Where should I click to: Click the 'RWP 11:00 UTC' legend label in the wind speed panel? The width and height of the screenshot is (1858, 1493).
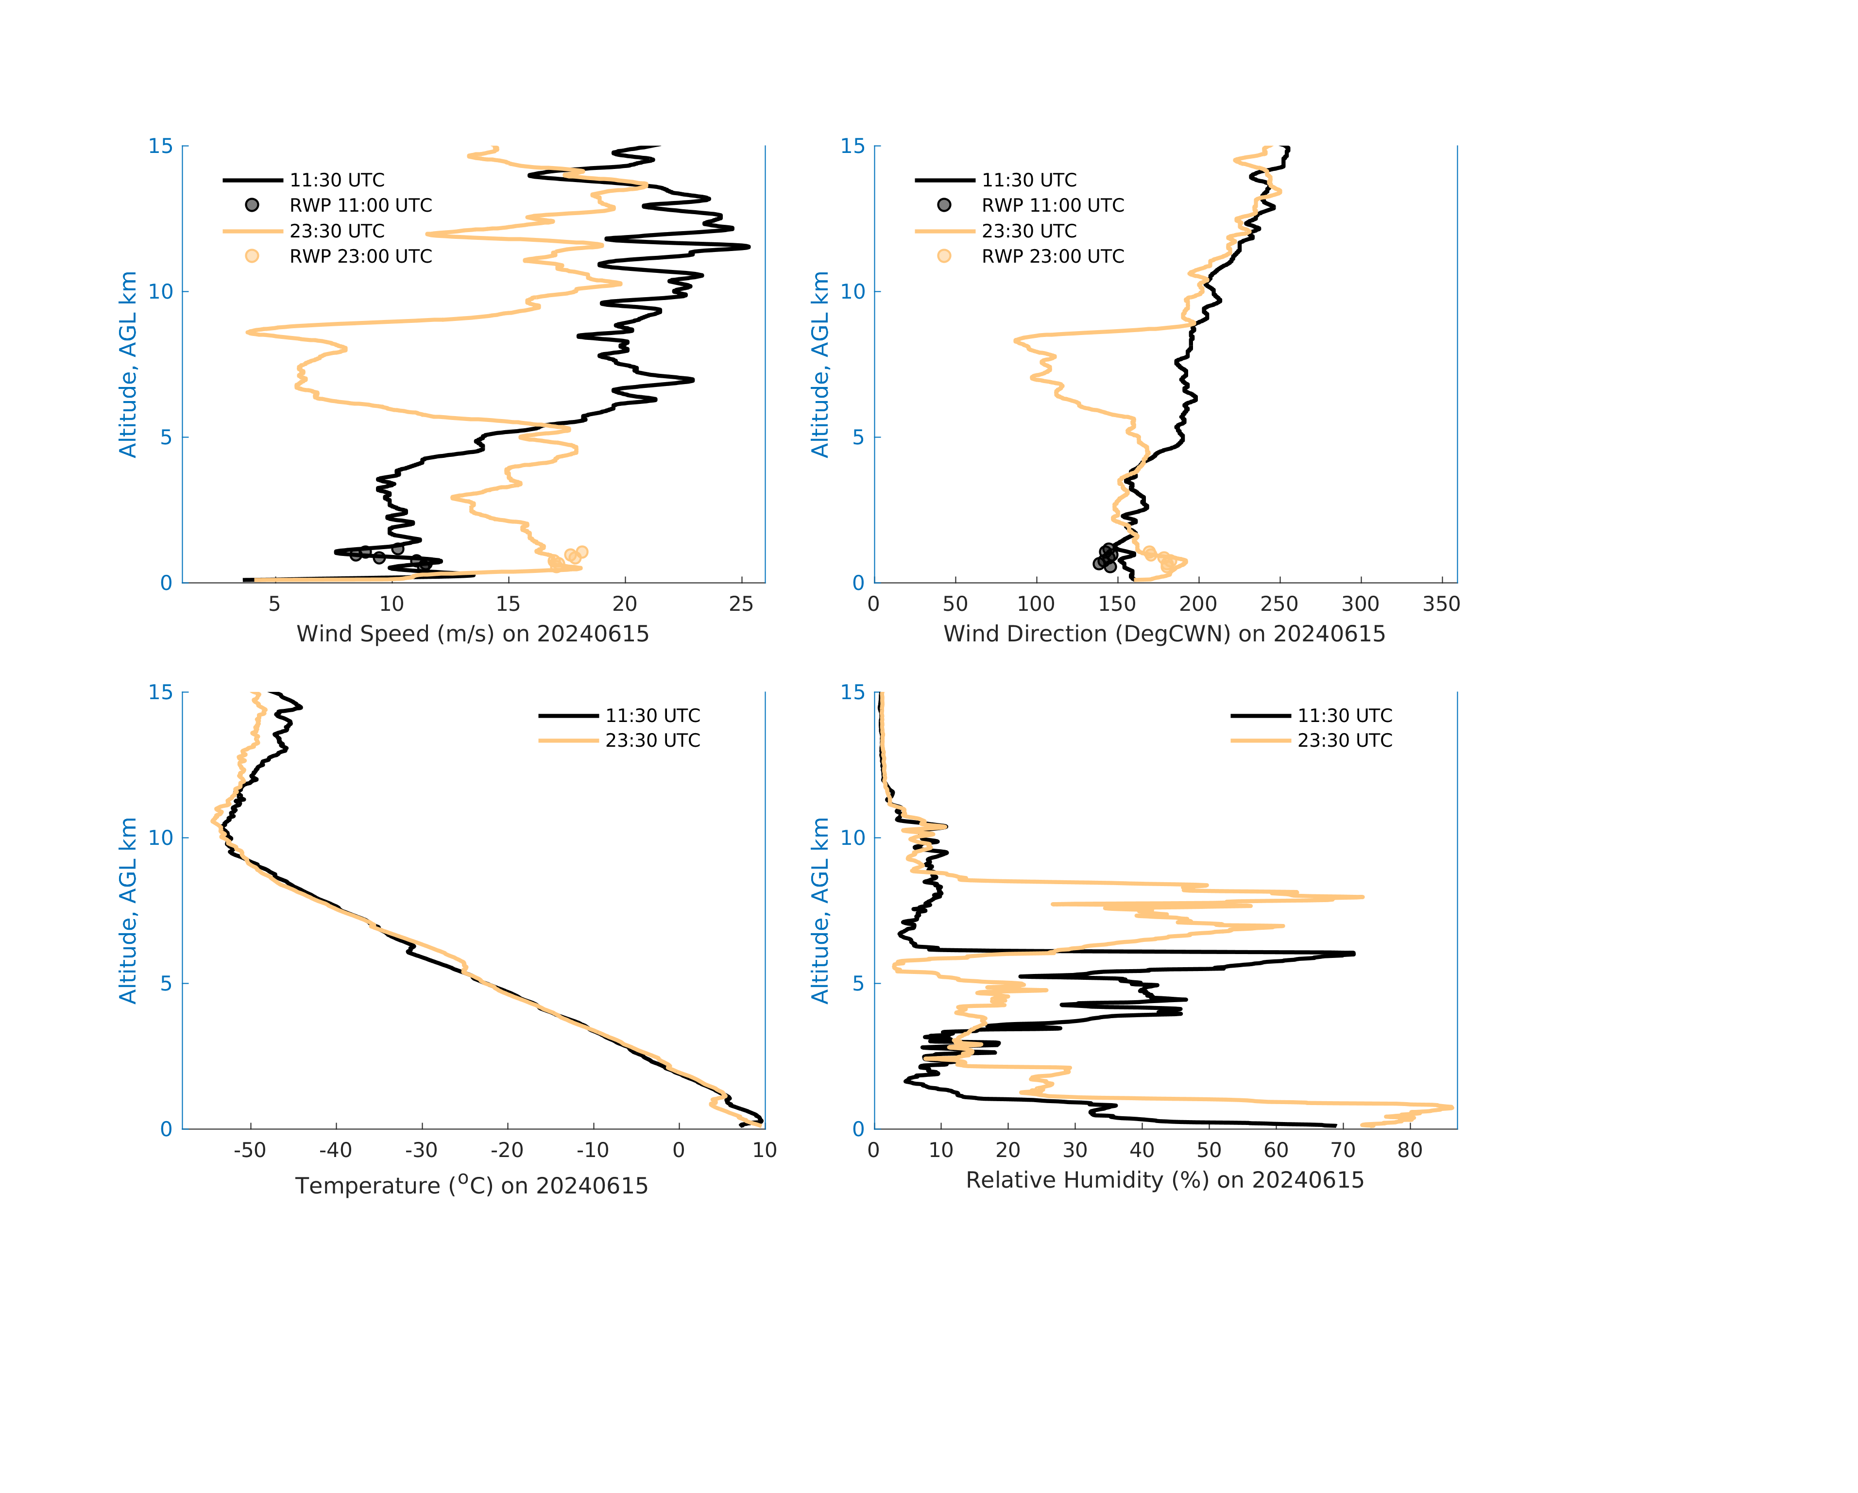click(360, 205)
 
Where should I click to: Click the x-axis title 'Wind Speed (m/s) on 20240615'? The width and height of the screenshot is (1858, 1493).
click(472, 634)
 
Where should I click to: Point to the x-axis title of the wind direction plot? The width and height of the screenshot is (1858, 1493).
click(1164, 634)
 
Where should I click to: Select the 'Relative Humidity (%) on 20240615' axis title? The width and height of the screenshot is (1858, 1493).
click(1164, 1180)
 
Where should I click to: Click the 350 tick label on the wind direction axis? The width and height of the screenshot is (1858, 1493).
click(1441, 604)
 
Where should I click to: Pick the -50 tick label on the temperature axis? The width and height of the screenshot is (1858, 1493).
click(250, 1150)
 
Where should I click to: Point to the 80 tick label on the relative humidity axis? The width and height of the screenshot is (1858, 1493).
click(1410, 1150)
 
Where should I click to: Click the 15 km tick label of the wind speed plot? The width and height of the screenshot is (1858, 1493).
click(160, 147)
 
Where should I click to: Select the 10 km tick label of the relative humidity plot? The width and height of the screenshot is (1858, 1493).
click(852, 838)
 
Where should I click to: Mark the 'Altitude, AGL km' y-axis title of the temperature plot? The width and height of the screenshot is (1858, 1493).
click(128, 911)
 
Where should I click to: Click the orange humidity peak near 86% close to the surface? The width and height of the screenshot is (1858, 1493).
click(1451, 1107)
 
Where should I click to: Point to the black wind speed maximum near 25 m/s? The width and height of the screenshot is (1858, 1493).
click(748, 247)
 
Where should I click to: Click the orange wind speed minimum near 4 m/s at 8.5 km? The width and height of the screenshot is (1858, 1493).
click(248, 332)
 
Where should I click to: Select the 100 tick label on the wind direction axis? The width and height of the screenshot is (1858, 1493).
click(1036, 604)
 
